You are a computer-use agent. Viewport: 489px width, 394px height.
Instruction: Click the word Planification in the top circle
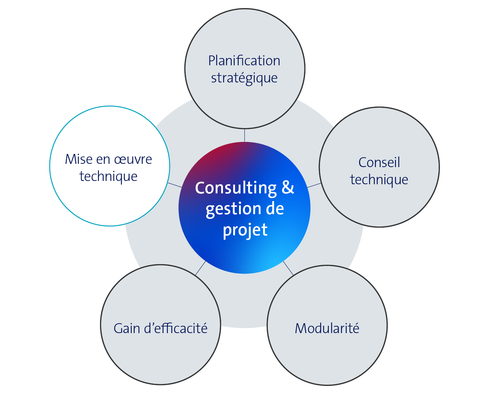tap(244, 61)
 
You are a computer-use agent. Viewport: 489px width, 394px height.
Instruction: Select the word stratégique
tap(244, 78)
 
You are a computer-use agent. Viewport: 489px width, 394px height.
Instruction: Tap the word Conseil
tap(379, 162)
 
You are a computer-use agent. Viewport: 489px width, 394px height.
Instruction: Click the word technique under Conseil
tap(379, 179)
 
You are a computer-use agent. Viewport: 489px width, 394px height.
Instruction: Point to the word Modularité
tap(327, 328)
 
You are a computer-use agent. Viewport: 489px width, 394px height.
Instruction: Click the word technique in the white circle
tap(108, 177)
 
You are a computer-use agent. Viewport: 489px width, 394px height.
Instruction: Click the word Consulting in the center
tap(236, 188)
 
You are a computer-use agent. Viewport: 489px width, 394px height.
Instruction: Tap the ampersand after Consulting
tap(288, 188)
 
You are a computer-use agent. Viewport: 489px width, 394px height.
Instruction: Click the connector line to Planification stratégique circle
tap(244, 135)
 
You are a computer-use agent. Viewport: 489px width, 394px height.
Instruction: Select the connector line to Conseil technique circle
tap(314, 185)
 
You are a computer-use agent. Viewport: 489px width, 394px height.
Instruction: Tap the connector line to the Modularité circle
tap(288, 268)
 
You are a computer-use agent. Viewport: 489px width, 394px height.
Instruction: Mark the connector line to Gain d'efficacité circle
tap(200, 268)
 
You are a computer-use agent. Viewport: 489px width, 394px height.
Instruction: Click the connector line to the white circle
tap(175, 185)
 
